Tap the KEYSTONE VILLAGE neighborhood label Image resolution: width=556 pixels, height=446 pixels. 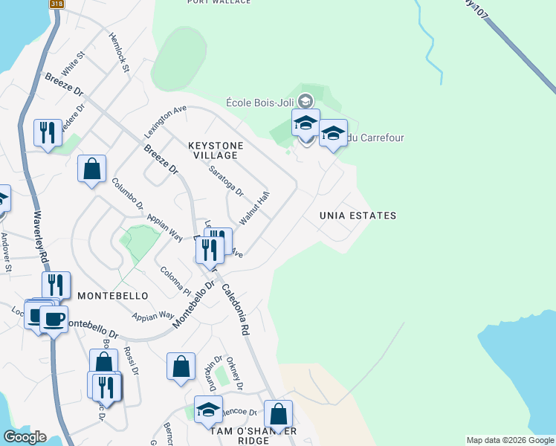pyautogui.click(x=213, y=150)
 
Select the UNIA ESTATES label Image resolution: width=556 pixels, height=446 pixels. pyautogui.click(x=358, y=216)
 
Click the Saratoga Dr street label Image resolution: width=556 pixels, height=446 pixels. pyautogui.click(x=225, y=181)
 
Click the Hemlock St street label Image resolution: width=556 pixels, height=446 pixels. pyautogui.click(x=119, y=52)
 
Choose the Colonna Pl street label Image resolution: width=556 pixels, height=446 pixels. pyautogui.click(x=177, y=280)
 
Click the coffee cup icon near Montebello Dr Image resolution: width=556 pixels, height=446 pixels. pyautogui.click(x=53, y=320)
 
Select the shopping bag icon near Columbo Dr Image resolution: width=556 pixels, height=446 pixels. pyautogui.click(x=91, y=169)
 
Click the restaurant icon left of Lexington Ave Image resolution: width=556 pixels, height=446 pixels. pyautogui.click(x=48, y=133)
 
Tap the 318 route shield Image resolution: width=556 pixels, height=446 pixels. pyautogui.click(x=56, y=4)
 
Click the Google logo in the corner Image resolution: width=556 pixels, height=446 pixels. pyautogui.click(x=24, y=437)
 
